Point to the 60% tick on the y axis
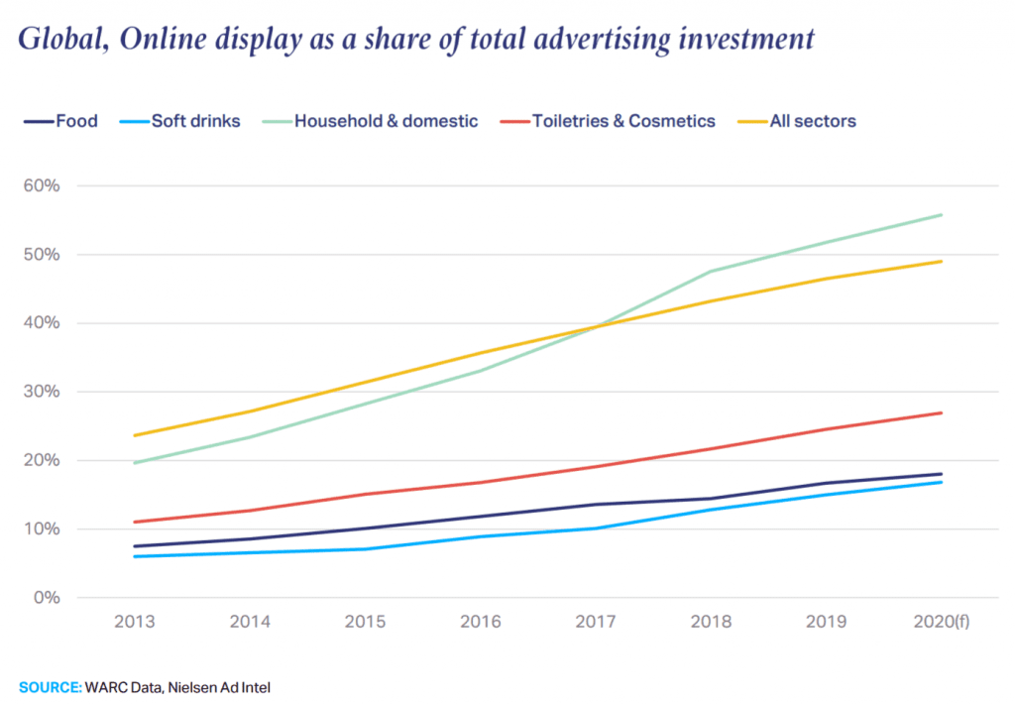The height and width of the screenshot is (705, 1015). (x=42, y=186)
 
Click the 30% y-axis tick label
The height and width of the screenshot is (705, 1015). (x=42, y=392)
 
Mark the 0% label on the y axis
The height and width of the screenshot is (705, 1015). (x=46, y=598)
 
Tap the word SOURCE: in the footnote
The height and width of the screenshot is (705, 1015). (x=51, y=684)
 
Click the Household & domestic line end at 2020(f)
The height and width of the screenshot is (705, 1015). (x=941, y=214)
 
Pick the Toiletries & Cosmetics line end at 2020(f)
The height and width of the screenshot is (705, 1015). (x=941, y=412)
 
